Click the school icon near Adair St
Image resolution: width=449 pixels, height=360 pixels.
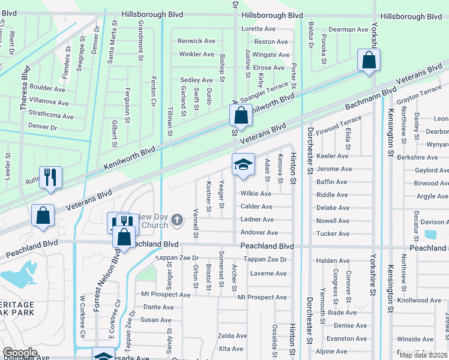[243, 165]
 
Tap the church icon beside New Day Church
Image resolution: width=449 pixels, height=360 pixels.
[176, 220]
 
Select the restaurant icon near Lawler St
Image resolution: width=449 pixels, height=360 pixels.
[50, 177]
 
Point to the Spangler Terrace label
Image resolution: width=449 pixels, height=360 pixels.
[264, 92]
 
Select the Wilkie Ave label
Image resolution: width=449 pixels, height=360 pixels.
[256, 194]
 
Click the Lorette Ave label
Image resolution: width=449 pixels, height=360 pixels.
[258, 29]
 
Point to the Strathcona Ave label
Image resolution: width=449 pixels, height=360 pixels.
[50, 116]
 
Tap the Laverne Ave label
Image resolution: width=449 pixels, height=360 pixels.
[268, 274]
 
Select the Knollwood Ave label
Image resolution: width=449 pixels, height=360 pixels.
[418, 300]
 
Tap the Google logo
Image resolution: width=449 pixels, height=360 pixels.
[20, 353]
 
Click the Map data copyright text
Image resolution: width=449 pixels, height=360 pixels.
[424, 355]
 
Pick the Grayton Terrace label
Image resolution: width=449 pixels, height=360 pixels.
[419, 94]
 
